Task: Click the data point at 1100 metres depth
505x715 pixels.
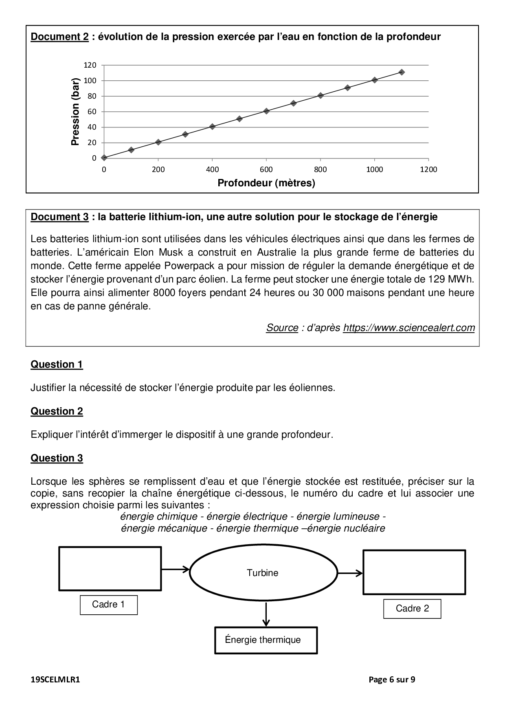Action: click(x=402, y=72)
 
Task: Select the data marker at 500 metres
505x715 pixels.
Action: click(x=239, y=119)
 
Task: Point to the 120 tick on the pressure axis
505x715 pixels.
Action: click(x=90, y=65)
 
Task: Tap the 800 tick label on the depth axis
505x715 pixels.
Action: click(x=321, y=170)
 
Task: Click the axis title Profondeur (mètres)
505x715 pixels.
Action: click(x=266, y=183)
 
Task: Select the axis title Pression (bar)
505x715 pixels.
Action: click(x=75, y=112)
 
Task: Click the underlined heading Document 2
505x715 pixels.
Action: click(x=60, y=37)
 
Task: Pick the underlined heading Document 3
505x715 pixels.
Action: click(x=60, y=217)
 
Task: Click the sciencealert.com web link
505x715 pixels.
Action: click(x=409, y=328)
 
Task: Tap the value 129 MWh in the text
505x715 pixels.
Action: click(x=451, y=279)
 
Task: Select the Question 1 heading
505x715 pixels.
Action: click(x=57, y=364)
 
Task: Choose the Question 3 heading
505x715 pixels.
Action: click(x=57, y=458)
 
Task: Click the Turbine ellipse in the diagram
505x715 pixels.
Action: click(x=263, y=573)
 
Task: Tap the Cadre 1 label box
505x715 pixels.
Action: click(x=109, y=605)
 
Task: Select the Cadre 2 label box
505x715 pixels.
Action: click(x=412, y=609)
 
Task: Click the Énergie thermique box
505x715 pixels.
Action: click(x=266, y=640)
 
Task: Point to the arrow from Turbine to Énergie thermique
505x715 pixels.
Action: click(x=266, y=614)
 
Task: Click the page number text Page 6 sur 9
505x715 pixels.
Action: click(x=392, y=680)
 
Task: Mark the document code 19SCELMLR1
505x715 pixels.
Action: click(x=55, y=680)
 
